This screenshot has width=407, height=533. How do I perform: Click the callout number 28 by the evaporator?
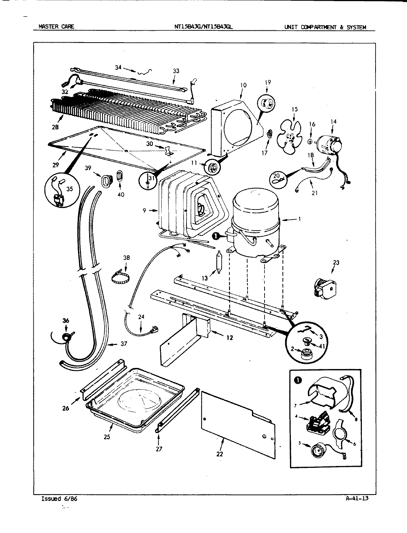(x=55, y=127)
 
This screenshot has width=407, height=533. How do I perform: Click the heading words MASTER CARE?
(x=56, y=27)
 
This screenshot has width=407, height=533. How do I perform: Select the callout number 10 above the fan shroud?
(x=243, y=85)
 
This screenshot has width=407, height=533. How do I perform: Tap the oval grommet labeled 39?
(x=106, y=181)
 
